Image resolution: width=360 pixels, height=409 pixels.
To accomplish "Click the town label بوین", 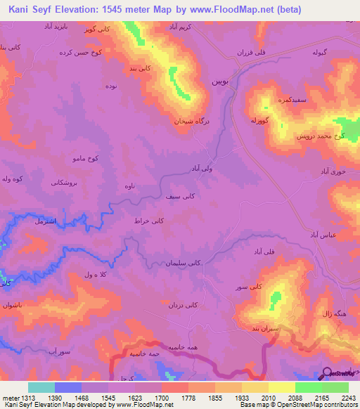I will [x=219, y=82].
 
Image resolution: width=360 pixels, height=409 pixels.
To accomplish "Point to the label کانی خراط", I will [x=150, y=221].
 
